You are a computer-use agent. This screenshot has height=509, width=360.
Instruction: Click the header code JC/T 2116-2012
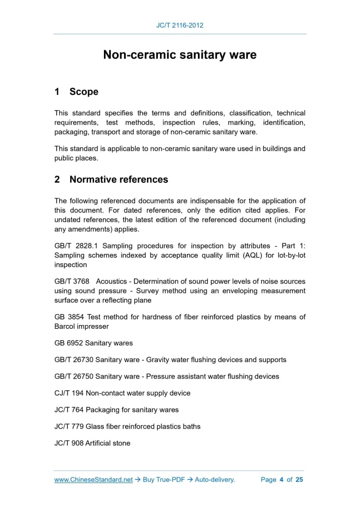[x=180, y=25]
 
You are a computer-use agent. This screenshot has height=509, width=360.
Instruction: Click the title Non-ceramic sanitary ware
[x=180, y=55]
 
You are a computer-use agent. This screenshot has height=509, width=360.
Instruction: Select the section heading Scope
[x=84, y=92]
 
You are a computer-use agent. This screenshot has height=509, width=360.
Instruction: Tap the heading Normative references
[x=118, y=180]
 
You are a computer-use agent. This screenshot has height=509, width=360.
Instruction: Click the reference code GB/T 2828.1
[x=75, y=246]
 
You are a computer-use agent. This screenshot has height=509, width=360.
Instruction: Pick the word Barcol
[x=66, y=326]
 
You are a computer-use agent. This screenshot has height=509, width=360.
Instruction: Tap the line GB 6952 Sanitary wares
[x=94, y=343]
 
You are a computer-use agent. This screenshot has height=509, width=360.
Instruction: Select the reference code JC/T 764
[x=69, y=410]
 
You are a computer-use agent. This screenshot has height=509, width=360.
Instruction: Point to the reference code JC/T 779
[x=69, y=426]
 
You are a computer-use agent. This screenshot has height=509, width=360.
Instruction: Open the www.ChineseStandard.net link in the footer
[x=94, y=479]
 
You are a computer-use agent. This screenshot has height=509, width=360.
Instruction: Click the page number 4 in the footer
[x=281, y=479]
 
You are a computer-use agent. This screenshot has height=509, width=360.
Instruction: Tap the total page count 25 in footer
[x=299, y=479]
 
